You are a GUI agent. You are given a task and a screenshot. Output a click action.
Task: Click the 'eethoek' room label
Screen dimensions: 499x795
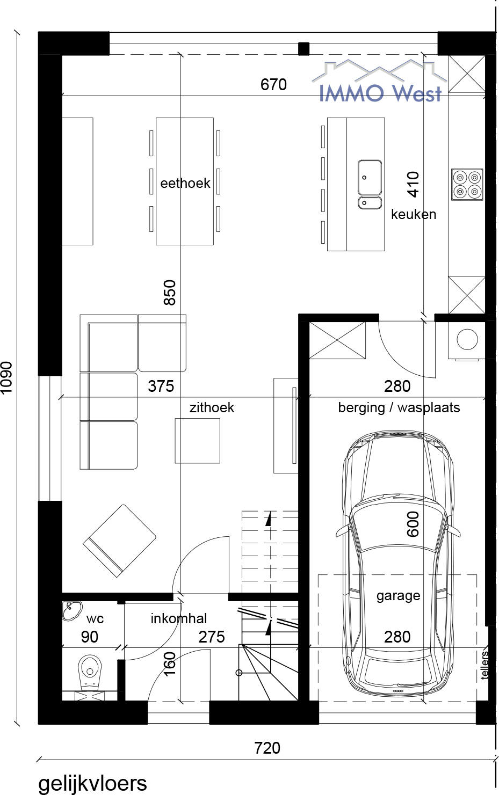pyautogui.click(x=185, y=183)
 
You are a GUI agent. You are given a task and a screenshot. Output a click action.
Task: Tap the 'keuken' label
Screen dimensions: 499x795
pyautogui.click(x=414, y=214)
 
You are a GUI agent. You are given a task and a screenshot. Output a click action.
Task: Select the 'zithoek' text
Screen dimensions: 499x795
pyautogui.click(x=212, y=407)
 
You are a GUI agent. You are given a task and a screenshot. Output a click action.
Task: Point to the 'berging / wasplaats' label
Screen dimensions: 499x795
pyautogui.click(x=399, y=408)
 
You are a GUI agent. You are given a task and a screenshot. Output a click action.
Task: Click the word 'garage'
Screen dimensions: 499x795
pyautogui.click(x=398, y=596)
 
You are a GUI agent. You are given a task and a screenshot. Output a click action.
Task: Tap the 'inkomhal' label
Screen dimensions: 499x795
pyautogui.click(x=179, y=618)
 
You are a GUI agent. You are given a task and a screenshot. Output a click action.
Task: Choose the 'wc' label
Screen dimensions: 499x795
pyautogui.click(x=95, y=619)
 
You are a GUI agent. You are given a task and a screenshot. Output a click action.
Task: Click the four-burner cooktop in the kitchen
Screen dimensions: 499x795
pyautogui.click(x=467, y=184)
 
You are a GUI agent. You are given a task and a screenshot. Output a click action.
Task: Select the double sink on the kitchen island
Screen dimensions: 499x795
pyautogui.click(x=370, y=184)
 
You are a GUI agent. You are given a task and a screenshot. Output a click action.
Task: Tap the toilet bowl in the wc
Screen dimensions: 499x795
pyautogui.click(x=90, y=672)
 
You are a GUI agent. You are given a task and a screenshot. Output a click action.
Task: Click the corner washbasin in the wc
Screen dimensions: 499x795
pyautogui.click(x=71, y=610)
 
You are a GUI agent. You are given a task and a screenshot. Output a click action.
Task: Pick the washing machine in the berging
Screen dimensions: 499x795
pyautogui.click(x=467, y=340)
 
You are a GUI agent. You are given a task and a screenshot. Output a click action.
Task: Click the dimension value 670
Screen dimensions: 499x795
pyautogui.click(x=273, y=84)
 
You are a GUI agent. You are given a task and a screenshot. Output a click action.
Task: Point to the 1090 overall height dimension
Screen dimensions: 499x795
pyautogui.click(x=7, y=377)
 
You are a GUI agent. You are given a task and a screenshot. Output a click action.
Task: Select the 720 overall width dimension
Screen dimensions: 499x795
pyautogui.click(x=267, y=748)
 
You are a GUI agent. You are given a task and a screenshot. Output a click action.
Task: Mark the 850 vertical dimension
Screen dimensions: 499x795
pyautogui.click(x=170, y=293)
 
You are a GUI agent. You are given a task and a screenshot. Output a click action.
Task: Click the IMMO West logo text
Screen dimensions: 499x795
pyautogui.click(x=380, y=93)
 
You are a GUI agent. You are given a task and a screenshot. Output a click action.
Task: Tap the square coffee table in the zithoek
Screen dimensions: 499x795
pyautogui.click(x=197, y=441)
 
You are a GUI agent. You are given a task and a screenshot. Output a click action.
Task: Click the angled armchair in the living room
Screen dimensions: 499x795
pyautogui.click(x=119, y=541)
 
